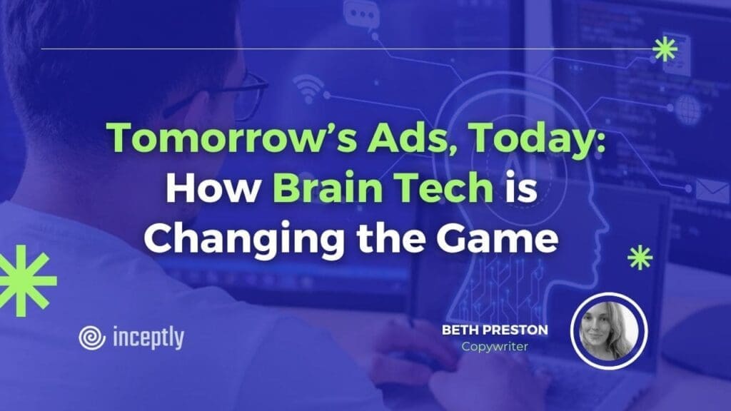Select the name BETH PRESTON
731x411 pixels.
495,330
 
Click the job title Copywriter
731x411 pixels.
495,347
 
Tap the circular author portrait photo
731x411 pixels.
609,331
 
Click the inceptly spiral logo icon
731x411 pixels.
92,338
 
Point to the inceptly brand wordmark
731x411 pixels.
148,338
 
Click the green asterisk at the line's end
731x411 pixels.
665,49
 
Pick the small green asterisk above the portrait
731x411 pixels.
640,257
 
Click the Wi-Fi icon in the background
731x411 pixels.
308,89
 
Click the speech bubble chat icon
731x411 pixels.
361,16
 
